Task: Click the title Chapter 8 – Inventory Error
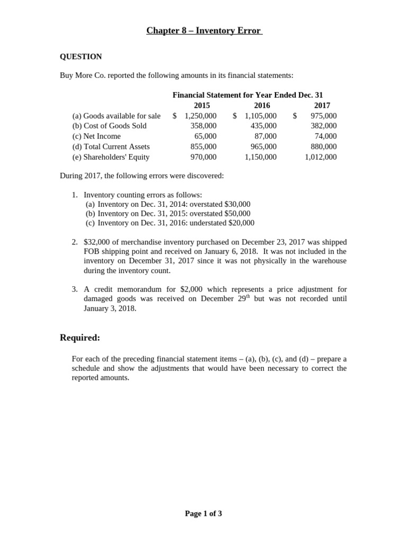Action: pyautogui.click(x=203, y=31)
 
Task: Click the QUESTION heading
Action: pyautogui.click(x=81, y=57)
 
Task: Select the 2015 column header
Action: pyautogui.click(x=202, y=106)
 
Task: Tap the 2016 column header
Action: pyautogui.click(x=262, y=106)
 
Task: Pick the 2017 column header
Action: pyautogui.click(x=322, y=106)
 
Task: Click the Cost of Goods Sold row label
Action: pyautogui.click(x=109, y=126)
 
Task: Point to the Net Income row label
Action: pyautogui.click(x=96, y=136)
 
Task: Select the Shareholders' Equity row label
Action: pyautogui.click(x=111, y=157)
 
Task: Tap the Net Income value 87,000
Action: pyautogui.click(x=266, y=136)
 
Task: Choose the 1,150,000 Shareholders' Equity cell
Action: pyautogui.click(x=261, y=157)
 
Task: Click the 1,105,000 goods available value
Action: pyautogui.click(x=261, y=116)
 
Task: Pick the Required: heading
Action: pyautogui.click(x=80, y=338)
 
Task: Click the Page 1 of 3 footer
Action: pyautogui.click(x=203, y=513)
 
